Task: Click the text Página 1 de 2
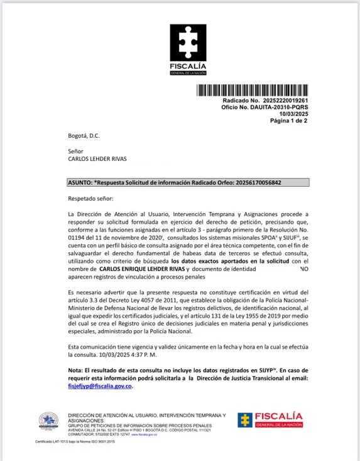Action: coord(288,121)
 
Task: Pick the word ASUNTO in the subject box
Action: coord(79,182)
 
